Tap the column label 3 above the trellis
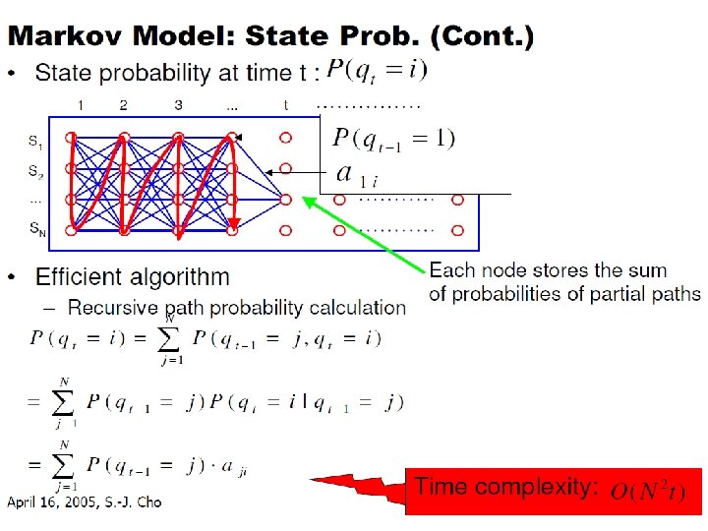tap(178, 104)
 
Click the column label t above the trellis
tap(285, 104)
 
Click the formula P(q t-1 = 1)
tap(393, 138)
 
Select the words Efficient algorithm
tap(133, 278)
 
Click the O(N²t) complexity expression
tap(650, 489)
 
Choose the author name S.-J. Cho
tap(136, 502)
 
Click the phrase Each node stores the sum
tap(548, 270)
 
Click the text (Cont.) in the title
tap(489, 37)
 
